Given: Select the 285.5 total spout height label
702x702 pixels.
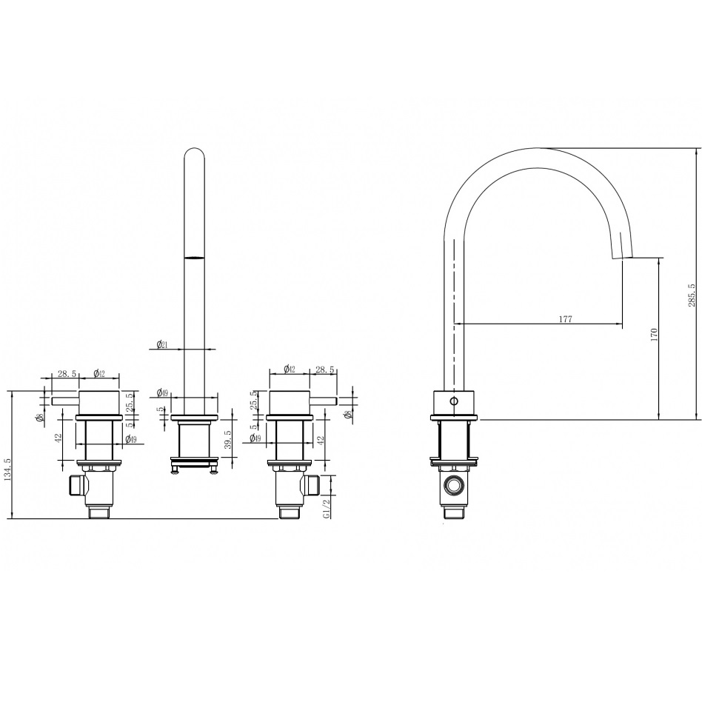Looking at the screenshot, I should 691,295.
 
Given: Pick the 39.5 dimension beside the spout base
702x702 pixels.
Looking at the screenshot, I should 229,440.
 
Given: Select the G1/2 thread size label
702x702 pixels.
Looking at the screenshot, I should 327,510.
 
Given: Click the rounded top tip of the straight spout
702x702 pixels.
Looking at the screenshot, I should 194,154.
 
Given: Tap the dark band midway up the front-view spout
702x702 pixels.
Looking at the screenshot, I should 194,258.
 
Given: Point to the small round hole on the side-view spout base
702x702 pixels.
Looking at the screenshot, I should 454,401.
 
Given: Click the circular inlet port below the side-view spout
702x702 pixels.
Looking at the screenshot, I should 452,487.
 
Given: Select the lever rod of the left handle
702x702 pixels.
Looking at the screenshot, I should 65,401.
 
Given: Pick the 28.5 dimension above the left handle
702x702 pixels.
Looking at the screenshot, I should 66,375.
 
